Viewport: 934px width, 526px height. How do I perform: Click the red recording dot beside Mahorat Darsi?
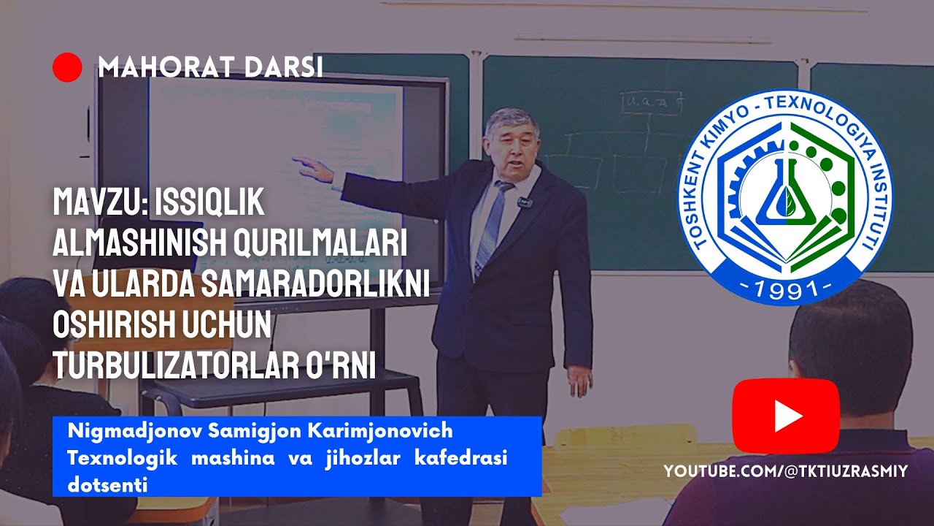click(x=67, y=67)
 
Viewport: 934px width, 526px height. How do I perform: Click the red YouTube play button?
click(x=786, y=416)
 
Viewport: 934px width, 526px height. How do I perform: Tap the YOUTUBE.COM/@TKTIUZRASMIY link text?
click(x=785, y=472)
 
